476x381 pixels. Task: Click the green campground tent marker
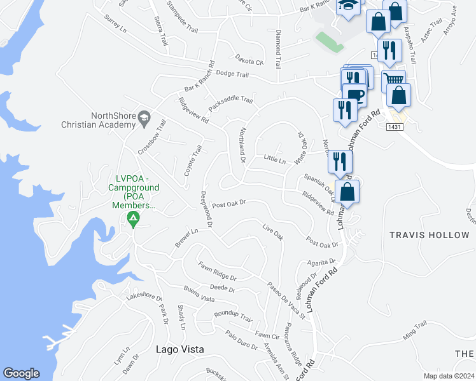(x=133, y=220)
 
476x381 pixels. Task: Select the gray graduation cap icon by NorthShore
(x=145, y=117)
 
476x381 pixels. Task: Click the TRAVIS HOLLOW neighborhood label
(x=429, y=235)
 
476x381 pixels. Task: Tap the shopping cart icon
(x=394, y=80)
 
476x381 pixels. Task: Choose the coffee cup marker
(x=356, y=95)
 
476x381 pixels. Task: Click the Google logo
(x=20, y=373)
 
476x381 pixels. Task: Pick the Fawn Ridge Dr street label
(x=216, y=271)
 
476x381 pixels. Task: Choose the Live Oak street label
(x=272, y=232)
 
